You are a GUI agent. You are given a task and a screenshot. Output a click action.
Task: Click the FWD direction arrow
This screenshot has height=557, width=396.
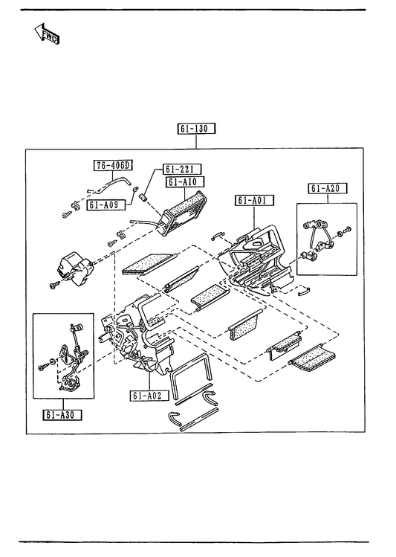click(x=48, y=33)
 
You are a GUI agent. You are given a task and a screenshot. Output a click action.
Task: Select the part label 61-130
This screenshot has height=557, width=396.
click(x=196, y=128)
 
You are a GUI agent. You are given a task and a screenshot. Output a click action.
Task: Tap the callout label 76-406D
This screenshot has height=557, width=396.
click(x=113, y=165)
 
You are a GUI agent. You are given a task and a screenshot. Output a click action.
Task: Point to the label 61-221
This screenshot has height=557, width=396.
click(x=182, y=169)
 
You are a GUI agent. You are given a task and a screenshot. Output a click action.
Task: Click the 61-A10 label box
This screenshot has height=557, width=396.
click(x=185, y=182)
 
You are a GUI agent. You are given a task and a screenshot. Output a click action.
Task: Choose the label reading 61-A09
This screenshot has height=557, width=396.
click(x=106, y=205)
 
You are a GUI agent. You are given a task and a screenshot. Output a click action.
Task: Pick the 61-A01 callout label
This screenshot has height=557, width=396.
click(x=254, y=200)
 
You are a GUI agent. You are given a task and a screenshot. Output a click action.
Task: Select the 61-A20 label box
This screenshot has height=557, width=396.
click(x=327, y=188)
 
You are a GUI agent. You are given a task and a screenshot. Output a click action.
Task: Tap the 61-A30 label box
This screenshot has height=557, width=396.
click(x=63, y=414)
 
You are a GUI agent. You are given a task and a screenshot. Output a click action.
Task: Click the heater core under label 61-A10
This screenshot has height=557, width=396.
click(x=184, y=213)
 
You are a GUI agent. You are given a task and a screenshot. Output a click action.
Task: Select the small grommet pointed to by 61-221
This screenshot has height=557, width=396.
click(x=144, y=197)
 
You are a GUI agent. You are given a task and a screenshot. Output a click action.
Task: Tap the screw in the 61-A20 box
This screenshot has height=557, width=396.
click(x=348, y=230)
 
